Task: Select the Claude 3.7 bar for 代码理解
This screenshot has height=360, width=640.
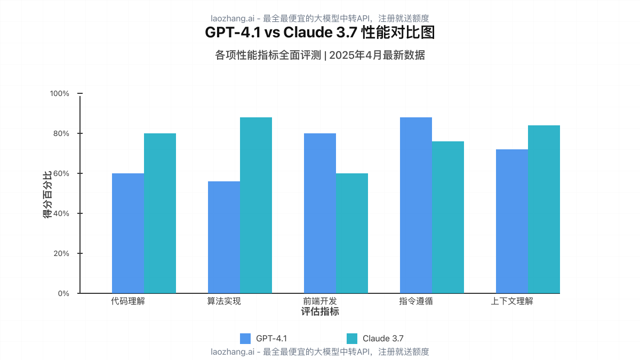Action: click(160, 213)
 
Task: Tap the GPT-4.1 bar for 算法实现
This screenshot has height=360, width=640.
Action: click(224, 237)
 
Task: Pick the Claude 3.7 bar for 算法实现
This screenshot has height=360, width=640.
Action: click(256, 205)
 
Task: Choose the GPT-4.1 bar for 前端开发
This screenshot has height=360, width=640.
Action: click(320, 213)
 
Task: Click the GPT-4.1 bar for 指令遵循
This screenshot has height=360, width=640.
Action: click(416, 205)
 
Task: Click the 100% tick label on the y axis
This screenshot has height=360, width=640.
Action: click(59, 93)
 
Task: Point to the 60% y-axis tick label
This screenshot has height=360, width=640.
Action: click(61, 173)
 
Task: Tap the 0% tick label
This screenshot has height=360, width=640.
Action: click(63, 293)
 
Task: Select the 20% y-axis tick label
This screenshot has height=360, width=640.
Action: click(61, 253)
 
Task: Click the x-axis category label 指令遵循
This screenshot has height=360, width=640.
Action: click(416, 301)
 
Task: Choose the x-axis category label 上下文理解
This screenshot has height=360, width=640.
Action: click(512, 301)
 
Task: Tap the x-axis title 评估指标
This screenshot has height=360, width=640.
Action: click(320, 311)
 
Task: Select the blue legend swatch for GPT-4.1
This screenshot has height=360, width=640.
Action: click(245, 338)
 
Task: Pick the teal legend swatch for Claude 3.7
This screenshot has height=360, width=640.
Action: click(352, 338)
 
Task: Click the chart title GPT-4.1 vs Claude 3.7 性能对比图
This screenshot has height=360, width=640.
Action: click(320, 33)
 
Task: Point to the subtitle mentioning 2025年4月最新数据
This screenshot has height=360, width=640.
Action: click(320, 55)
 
